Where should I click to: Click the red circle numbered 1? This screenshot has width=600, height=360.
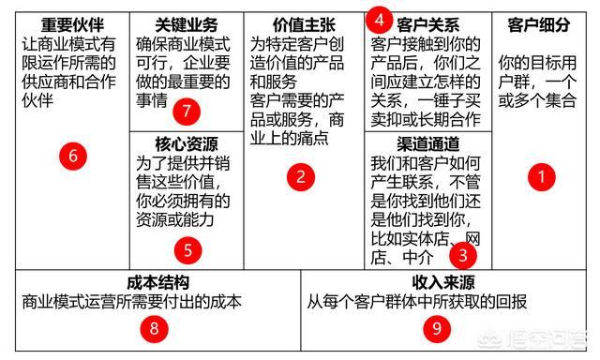coord(542,173)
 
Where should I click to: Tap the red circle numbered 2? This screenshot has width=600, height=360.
coord(300,174)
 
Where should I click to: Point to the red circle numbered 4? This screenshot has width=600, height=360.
coord(379,18)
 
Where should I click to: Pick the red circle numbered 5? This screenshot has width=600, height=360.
coord(187,249)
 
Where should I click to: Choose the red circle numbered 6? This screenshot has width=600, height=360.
coord(73,156)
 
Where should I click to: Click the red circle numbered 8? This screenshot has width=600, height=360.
coord(154,327)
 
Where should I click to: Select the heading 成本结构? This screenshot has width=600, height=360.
coord(157,282)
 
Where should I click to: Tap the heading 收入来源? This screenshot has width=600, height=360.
coord(441,282)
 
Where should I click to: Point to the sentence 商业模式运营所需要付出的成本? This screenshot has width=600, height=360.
coord(132,301)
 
